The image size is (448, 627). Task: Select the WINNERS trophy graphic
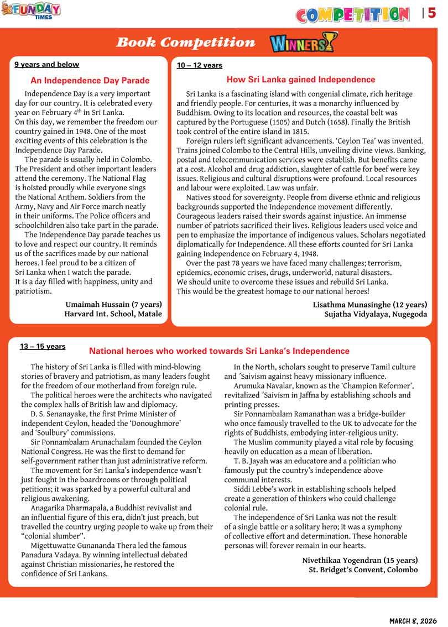coord(303,43)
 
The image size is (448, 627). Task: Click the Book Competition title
coord(186,43)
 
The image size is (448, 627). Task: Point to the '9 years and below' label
coord(46,65)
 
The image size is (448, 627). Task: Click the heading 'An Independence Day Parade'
coord(90,80)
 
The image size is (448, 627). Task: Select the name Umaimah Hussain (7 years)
coord(113,304)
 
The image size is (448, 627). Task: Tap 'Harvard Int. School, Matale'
coord(113,314)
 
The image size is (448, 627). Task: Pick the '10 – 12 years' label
coord(199,66)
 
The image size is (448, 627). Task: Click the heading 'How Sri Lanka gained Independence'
coord(301,80)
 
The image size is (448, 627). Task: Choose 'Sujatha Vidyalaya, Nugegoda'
coord(376,314)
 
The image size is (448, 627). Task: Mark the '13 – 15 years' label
coord(43,347)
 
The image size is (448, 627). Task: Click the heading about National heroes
coord(219,351)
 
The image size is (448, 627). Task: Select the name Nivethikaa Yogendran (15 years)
coord(360,560)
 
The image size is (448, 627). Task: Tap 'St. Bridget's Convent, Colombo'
coord(363,570)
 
